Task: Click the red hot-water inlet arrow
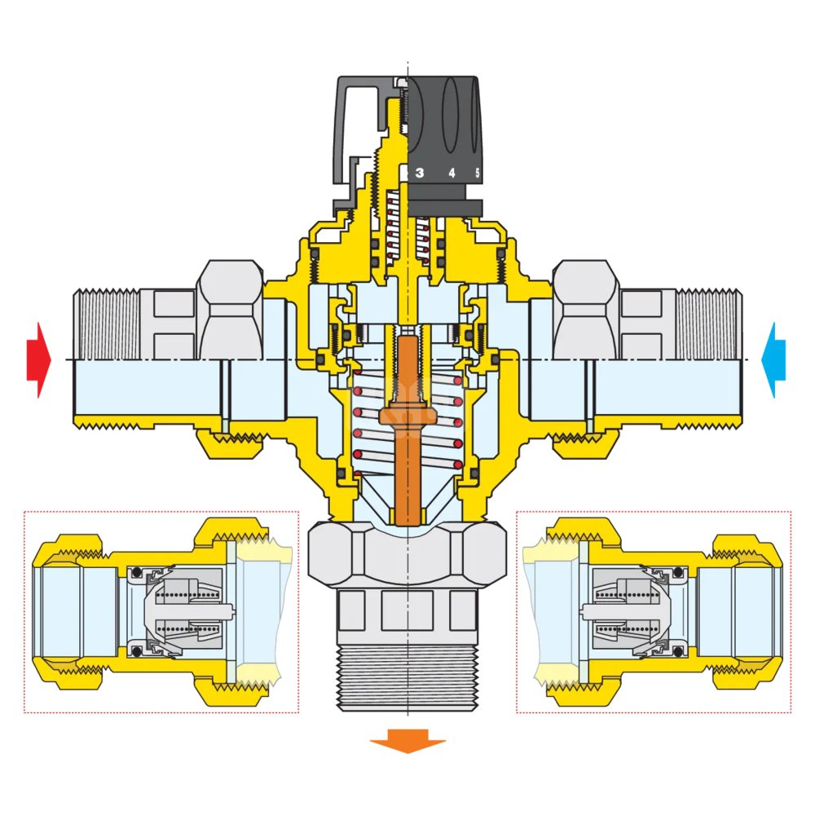click(37, 359)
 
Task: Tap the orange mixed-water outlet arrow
click(407, 743)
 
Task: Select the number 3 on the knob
click(420, 173)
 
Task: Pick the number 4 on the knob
click(451, 173)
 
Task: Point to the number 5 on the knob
click(478, 173)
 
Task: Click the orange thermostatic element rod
click(405, 424)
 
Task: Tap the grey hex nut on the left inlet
click(231, 306)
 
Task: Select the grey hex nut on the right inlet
click(584, 306)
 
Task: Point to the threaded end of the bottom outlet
click(407, 676)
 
